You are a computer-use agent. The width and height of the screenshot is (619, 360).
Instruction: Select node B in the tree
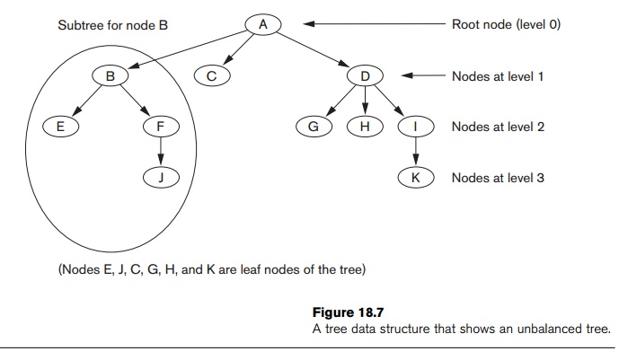111,77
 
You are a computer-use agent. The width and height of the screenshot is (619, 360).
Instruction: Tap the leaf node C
211,77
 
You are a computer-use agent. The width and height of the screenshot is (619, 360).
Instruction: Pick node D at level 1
365,77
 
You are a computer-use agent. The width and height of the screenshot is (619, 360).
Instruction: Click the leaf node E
60,127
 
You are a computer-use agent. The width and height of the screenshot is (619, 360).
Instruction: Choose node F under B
161,127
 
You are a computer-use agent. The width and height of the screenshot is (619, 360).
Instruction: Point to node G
314,127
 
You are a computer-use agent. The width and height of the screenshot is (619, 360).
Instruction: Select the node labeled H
364,127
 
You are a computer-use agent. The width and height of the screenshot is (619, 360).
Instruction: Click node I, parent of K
415,127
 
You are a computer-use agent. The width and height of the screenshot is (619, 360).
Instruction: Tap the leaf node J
161,178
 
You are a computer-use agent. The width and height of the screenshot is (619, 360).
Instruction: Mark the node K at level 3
415,178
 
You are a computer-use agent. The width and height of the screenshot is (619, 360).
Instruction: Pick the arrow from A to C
238,50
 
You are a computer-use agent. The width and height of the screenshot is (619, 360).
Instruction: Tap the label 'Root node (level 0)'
506,25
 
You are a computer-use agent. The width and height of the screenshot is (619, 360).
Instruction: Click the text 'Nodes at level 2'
498,127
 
